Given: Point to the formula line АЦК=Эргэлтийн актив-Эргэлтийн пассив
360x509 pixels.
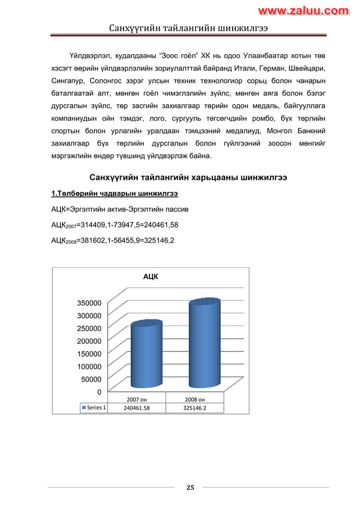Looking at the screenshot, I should [x=120, y=209].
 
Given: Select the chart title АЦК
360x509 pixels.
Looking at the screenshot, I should [x=151, y=277].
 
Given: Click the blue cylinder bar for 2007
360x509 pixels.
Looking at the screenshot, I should [x=146, y=352].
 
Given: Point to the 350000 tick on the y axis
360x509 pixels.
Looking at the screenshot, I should [x=89, y=303].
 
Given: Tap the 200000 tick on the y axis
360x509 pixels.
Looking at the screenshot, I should [x=89, y=341].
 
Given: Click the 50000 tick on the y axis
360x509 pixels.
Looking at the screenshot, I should [x=91, y=379].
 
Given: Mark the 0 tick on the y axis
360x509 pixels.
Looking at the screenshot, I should [x=99, y=392].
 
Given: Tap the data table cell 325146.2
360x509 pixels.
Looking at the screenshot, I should [x=195, y=408].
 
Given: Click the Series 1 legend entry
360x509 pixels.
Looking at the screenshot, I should [x=95, y=408].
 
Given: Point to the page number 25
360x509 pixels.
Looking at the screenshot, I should [x=190, y=488].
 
